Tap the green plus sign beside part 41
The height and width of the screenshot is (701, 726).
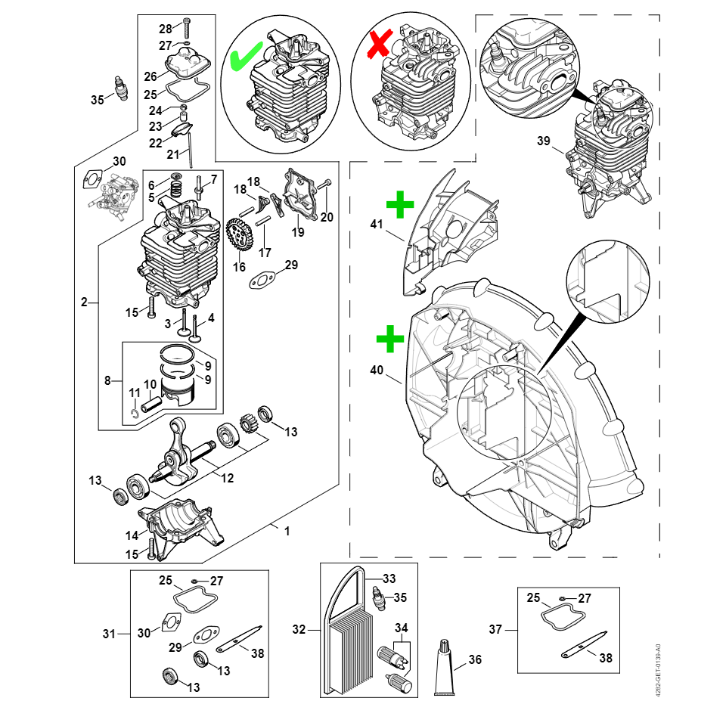(400, 204)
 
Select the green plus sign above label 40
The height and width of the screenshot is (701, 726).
(390, 340)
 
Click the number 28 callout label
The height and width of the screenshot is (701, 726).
(166, 29)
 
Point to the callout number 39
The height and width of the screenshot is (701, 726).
(544, 141)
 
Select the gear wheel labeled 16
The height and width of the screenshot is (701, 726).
(239, 236)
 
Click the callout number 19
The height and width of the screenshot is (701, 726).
(298, 232)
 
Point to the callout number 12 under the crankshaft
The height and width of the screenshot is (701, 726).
(226, 478)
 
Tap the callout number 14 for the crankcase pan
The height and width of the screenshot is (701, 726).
(132, 535)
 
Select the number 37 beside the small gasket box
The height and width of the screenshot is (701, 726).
(495, 629)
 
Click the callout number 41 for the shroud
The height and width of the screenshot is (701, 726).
(377, 224)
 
